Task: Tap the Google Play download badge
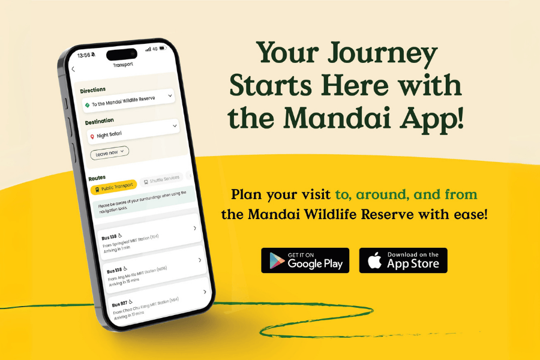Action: [305, 260]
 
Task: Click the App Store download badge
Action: [403, 260]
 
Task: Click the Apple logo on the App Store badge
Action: [374, 260]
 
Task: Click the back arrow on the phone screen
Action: [73, 69]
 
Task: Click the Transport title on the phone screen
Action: [122, 64]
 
